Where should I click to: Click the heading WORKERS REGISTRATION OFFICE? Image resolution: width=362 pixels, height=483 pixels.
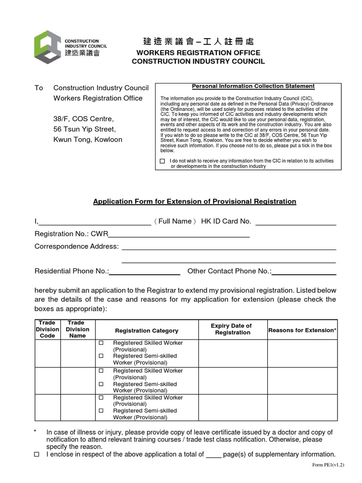coord(198,52)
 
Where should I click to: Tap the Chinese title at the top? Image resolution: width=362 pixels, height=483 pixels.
coord(198,41)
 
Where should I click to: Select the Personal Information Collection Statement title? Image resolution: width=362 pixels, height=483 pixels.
coord(253,86)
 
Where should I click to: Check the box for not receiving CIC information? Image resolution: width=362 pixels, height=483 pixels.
coord(163,161)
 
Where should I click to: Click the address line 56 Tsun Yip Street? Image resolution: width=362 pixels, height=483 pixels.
coord(84,129)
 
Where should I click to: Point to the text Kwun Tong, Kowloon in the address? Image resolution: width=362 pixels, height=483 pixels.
coord(88,139)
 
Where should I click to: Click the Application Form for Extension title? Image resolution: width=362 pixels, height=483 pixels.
coord(195,201)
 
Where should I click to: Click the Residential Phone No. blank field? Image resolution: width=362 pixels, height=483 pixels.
coord(145,271)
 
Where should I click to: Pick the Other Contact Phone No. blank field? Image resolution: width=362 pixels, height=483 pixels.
coord(304,271)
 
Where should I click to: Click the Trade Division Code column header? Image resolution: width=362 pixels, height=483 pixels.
coord(47,329)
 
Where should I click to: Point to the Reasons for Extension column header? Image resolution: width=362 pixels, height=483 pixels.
coord(302,330)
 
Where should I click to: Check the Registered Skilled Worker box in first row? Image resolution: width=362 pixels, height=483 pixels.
coord(100,343)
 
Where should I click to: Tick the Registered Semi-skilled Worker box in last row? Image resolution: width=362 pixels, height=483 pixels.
coord(100,411)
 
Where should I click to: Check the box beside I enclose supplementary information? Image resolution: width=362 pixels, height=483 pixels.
coord(37,455)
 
